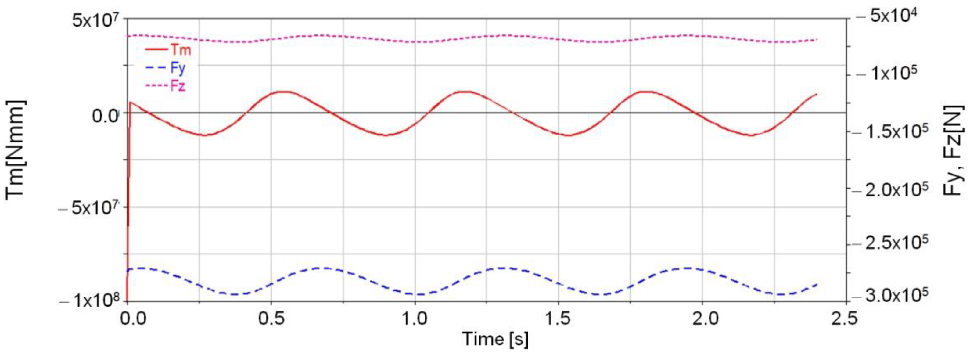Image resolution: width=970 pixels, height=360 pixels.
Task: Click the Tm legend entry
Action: [x=169, y=50]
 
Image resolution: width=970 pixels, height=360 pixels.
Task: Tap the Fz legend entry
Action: [x=166, y=86]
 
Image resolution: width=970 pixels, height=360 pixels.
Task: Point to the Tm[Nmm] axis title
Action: [x=16, y=149]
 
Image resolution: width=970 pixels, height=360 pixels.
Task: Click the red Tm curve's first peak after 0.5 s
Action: [x=286, y=92]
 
